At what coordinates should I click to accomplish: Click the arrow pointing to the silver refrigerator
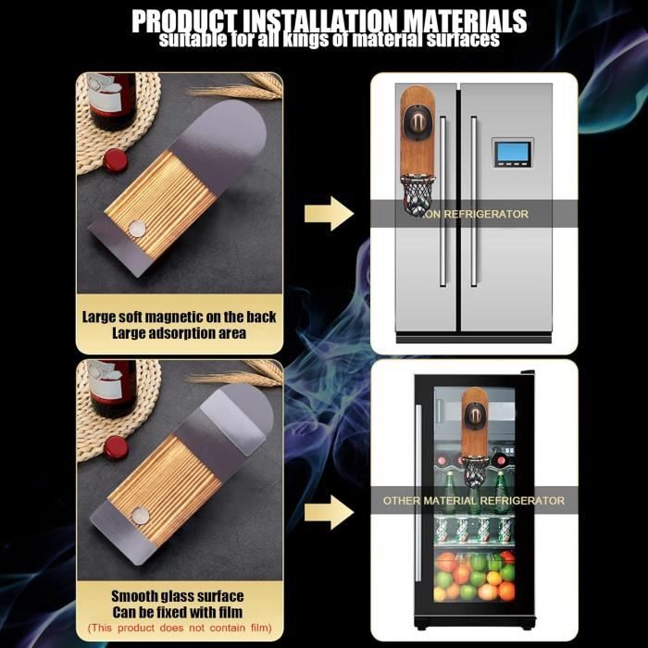pyautogui.click(x=329, y=214)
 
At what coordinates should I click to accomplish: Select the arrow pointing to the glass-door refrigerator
pyautogui.click(x=329, y=513)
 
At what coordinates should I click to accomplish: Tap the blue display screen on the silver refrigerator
pyautogui.click(x=513, y=152)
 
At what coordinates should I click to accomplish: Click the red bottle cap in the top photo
pyautogui.click(x=116, y=160)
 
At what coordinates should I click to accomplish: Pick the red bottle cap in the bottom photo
pyautogui.click(x=116, y=447)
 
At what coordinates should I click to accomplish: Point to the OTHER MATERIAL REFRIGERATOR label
pyautogui.click(x=474, y=501)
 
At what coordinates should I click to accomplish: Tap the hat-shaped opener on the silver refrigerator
pyautogui.click(x=417, y=122)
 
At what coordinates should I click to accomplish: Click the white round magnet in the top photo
pyautogui.click(x=137, y=228)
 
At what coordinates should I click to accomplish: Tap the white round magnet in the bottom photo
pyautogui.click(x=140, y=516)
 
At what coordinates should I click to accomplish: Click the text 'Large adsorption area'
pyautogui.click(x=180, y=333)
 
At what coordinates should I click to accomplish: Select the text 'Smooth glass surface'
pyautogui.click(x=178, y=596)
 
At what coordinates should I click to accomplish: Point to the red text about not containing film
pyautogui.click(x=180, y=628)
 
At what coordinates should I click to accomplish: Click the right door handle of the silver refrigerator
pyautogui.click(x=474, y=201)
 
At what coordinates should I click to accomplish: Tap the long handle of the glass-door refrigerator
pyautogui.click(x=418, y=492)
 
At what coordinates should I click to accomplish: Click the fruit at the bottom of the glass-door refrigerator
pyautogui.click(x=475, y=577)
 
